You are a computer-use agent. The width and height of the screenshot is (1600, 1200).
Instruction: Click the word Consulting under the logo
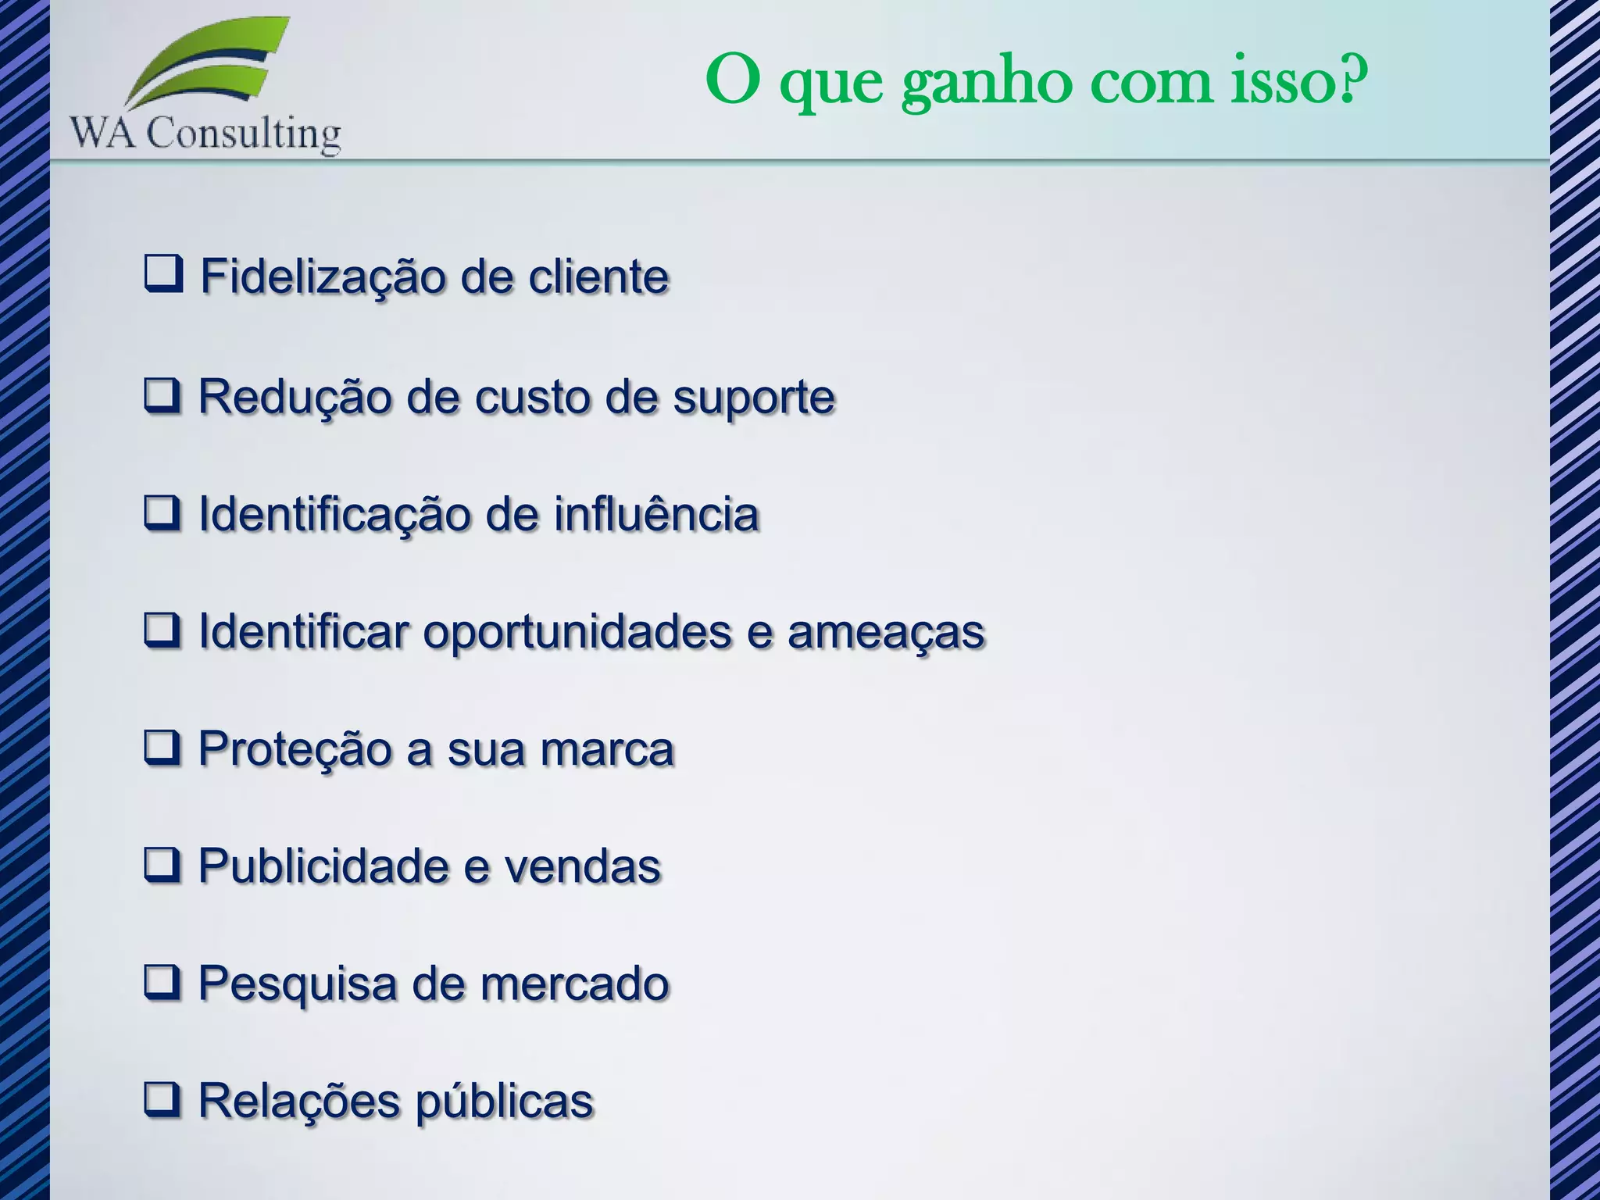tap(244, 134)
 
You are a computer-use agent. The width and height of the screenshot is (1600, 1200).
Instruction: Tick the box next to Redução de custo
tap(162, 395)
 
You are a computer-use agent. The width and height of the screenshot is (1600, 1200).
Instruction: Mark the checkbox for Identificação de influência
tap(162, 513)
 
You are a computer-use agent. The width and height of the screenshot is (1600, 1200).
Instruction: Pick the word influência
tap(656, 514)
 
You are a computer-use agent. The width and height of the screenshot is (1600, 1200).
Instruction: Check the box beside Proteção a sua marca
tap(162, 748)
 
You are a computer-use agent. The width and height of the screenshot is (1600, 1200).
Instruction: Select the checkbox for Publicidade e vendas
tap(162, 865)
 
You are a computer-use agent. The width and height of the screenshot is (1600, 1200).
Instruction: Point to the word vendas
tap(583, 866)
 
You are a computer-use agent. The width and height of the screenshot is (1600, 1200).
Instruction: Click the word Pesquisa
tap(297, 984)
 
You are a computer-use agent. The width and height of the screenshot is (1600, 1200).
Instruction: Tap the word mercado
tap(575, 984)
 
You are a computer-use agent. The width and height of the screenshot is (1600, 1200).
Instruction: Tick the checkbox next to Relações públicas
tap(162, 1099)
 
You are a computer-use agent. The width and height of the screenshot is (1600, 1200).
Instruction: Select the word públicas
tap(504, 1102)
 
